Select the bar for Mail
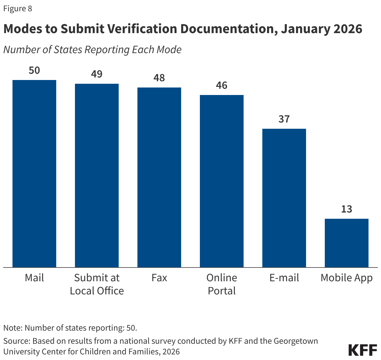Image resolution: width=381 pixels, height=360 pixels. [x=34, y=173]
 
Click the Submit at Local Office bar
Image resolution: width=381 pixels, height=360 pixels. [x=97, y=175]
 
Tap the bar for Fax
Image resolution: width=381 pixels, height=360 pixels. [x=159, y=177]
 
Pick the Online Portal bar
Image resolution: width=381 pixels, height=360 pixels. [x=222, y=181]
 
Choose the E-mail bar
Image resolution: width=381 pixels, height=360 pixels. [x=284, y=198]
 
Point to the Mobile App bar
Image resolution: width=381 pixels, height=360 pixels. [x=347, y=243]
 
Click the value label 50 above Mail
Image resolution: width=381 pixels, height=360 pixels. [x=34, y=70]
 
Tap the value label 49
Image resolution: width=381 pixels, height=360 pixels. [x=97, y=74]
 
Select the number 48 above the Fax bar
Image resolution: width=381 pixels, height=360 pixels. [x=159, y=78]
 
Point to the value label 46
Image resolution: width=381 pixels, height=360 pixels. [x=222, y=85]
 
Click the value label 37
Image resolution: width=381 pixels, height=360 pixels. [x=284, y=119]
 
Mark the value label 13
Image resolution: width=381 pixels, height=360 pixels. [x=347, y=209]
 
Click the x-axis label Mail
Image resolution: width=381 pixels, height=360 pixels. [x=34, y=278]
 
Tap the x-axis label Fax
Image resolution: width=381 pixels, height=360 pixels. [x=159, y=278]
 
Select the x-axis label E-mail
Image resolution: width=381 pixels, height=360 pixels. [x=284, y=278]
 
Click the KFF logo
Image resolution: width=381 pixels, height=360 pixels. [x=363, y=350]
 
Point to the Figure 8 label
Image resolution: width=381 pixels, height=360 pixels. [x=18, y=8]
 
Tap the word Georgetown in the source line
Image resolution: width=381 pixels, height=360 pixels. [x=296, y=341]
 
